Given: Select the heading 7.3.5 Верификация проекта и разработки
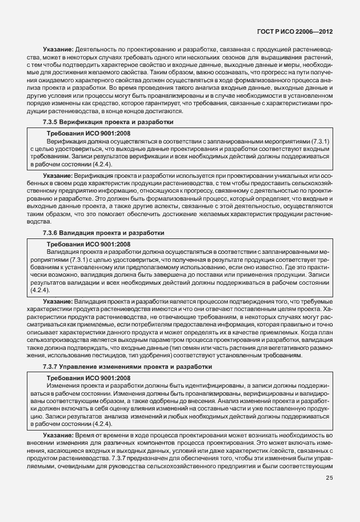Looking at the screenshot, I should pyautogui.click(x=108, y=122).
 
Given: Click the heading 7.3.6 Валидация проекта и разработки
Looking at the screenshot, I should pyautogui.click(x=104, y=233).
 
